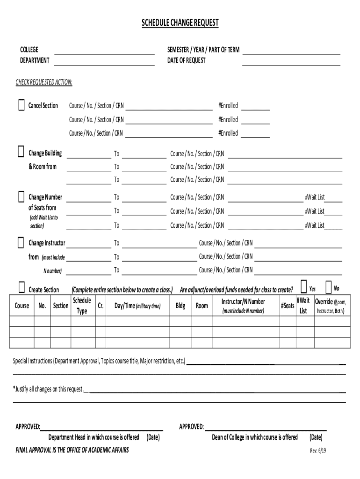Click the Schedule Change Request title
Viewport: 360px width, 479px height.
[x=180, y=23]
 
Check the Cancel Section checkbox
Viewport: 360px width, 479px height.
[x=21, y=105]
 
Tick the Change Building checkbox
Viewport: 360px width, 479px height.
[x=21, y=152]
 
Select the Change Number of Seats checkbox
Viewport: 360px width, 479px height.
[x=21, y=196]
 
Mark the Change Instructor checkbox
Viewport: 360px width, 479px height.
[x=21, y=242]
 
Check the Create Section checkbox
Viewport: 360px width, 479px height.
[x=22, y=287]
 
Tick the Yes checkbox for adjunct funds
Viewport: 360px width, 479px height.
[x=304, y=286]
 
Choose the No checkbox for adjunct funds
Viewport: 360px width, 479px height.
[x=328, y=286]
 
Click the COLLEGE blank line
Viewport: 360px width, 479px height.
[x=104, y=51]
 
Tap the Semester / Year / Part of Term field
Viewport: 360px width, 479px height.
[x=291, y=51]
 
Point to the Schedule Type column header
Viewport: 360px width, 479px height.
[x=81, y=305]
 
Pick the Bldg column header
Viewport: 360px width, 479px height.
[x=180, y=306]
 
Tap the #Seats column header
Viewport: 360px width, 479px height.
[x=288, y=306]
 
